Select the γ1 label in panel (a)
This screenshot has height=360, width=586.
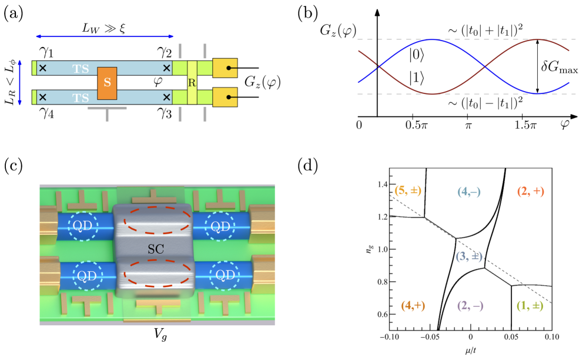pos(45,53)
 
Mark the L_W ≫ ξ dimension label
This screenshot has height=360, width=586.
pos(105,28)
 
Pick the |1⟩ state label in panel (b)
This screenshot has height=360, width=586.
pos(417,76)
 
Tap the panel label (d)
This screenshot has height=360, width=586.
pos(310,166)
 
